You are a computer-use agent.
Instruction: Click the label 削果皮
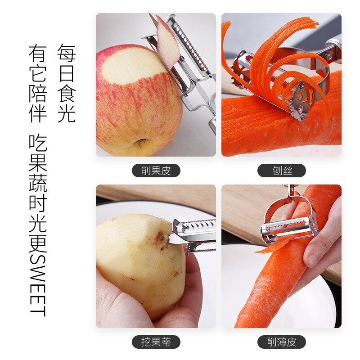coord(156,171)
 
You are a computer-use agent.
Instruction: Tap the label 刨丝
coord(282,171)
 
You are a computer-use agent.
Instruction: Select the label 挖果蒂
coord(156,342)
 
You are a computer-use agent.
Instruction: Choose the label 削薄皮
coord(282,342)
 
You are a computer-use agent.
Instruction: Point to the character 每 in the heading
coord(66,53)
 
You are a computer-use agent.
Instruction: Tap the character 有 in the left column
coord(38,53)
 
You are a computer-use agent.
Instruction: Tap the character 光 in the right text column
coord(66,113)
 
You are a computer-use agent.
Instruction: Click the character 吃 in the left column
coord(38,143)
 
